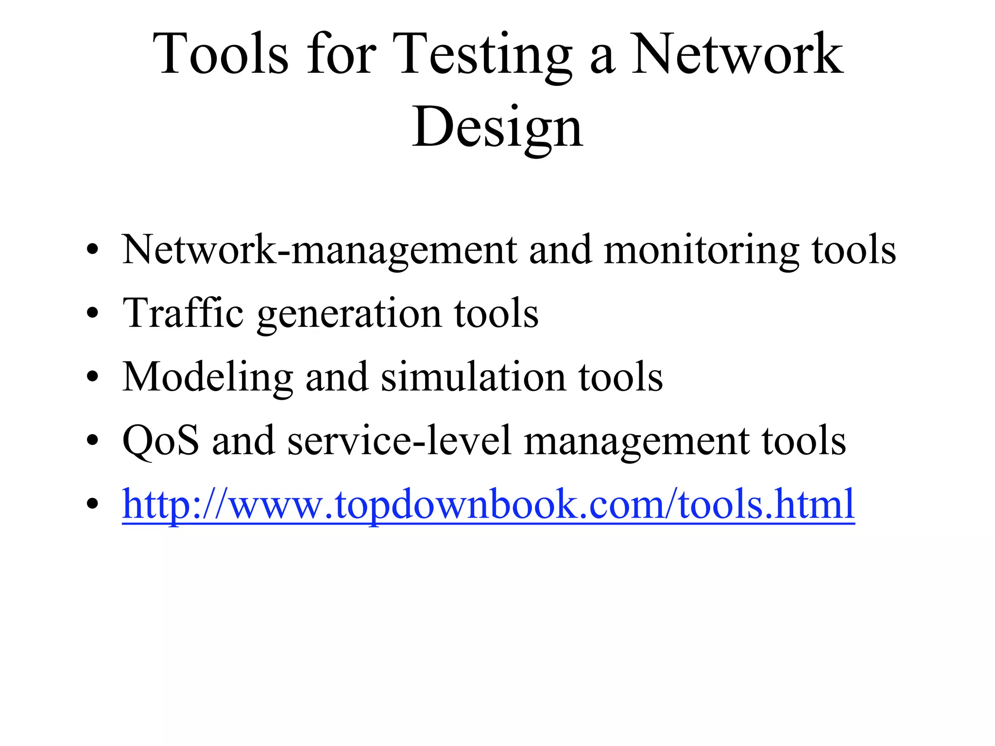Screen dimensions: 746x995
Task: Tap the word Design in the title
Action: [x=497, y=127]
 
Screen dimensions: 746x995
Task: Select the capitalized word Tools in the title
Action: [x=221, y=54]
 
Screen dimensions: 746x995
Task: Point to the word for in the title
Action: [x=341, y=54]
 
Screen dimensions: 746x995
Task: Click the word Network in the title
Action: [x=737, y=54]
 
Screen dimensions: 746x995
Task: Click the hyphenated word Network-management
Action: [x=320, y=250]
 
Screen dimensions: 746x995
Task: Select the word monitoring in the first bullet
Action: [x=701, y=250]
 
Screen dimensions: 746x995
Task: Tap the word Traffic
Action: [x=183, y=313]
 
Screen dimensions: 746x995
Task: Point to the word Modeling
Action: [x=207, y=377]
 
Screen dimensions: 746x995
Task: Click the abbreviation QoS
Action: [x=161, y=441]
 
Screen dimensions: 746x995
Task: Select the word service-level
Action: [x=399, y=441]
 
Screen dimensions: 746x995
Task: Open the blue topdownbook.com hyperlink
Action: [x=488, y=505]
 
